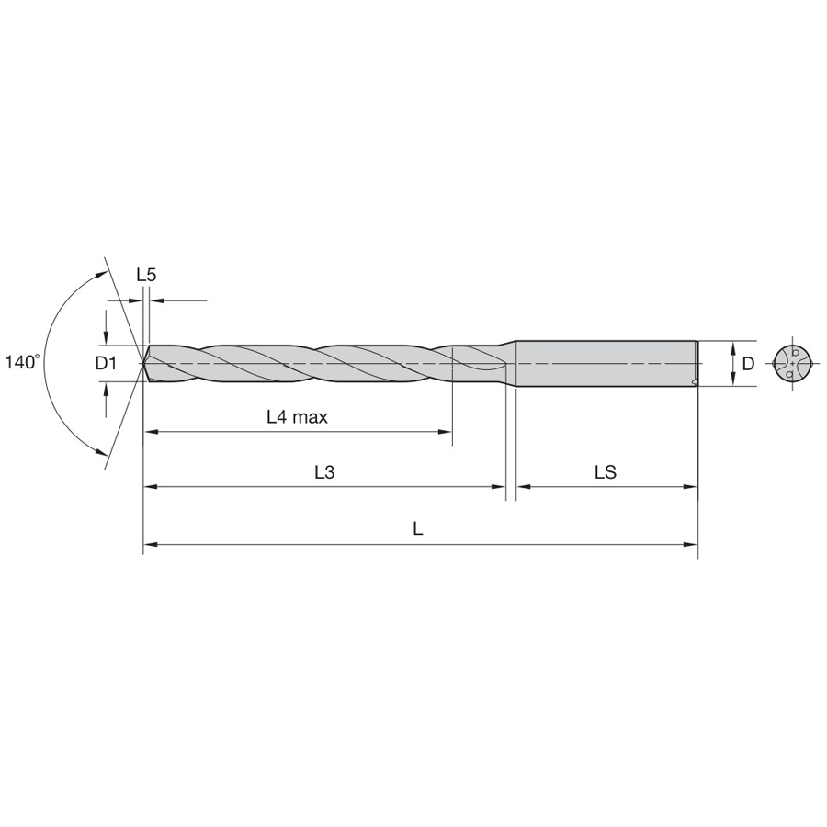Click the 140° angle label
23,363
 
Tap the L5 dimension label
146,275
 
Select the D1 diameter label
106,363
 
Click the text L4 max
297,417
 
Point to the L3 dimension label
324,472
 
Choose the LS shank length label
606,472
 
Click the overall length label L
418,528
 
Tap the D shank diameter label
748,363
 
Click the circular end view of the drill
792,363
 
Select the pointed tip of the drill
144,363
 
